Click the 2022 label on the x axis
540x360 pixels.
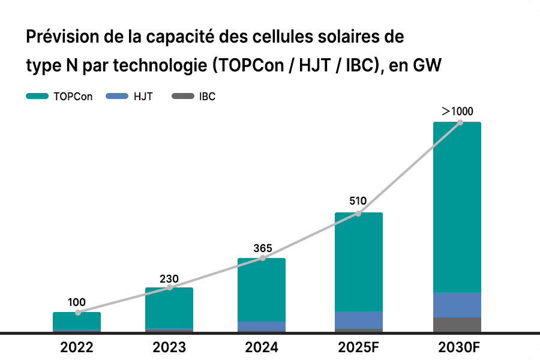click(77, 347)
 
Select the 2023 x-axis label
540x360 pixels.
click(169, 347)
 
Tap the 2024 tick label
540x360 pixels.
click(262, 347)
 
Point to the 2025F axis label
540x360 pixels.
click(358, 347)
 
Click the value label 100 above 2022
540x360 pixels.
click(77, 302)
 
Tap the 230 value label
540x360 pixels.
click(169, 279)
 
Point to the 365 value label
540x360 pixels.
click(263, 248)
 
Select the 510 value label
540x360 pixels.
click(358, 202)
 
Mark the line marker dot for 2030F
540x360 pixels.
click(460, 122)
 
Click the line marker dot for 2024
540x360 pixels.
click(262, 259)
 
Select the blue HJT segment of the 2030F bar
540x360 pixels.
click(457, 305)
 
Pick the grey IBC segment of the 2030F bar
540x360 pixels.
click(457, 325)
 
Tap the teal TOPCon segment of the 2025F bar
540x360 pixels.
click(359, 262)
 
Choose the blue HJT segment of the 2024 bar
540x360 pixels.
click(262, 326)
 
